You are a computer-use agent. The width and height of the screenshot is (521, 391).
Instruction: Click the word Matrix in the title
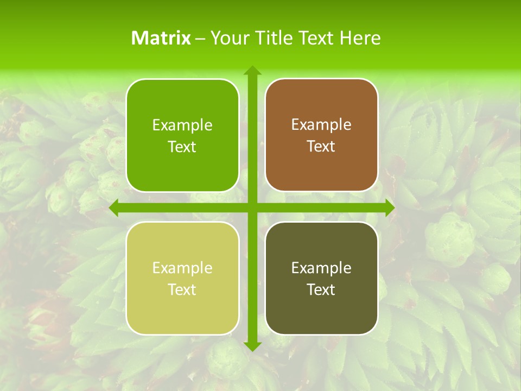[161, 38]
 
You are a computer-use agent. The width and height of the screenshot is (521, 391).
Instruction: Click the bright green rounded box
[182, 135]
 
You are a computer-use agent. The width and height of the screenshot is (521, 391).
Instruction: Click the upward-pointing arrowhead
[252, 71]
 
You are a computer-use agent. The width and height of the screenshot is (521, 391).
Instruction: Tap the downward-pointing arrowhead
[252, 346]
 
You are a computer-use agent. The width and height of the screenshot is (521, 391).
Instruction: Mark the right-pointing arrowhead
[390, 208]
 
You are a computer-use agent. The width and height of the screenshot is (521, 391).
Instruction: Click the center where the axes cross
[252, 208]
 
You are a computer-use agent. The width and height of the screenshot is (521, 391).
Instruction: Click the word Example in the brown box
[321, 124]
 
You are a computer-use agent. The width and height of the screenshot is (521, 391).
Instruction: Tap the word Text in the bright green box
[182, 147]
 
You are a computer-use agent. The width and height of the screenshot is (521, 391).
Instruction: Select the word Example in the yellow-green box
[182, 268]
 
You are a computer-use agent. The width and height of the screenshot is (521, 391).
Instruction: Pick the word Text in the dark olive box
[321, 289]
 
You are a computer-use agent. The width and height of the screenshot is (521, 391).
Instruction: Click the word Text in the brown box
[321, 146]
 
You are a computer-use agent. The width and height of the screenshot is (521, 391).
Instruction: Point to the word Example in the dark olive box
[321, 268]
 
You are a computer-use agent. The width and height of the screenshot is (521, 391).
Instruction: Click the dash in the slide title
[200, 39]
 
